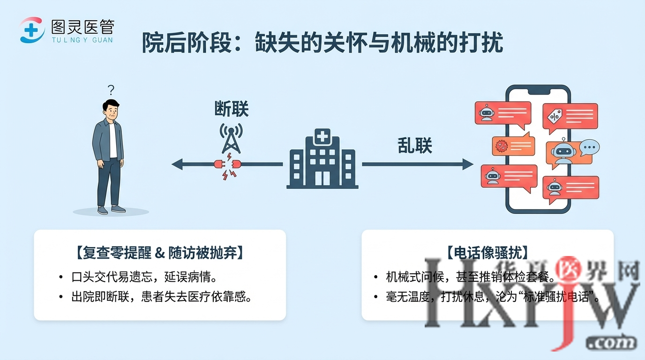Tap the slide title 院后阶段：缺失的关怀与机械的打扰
click(322, 44)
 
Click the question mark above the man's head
click(111, 90)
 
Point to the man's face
click(111, 111)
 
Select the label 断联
click(231, 110)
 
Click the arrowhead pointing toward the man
click(177, 164)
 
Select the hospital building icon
click(322, 159)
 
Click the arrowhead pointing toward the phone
click(468, 164)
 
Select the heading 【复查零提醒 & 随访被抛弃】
click(159, 253)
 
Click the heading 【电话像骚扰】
click(487, 253)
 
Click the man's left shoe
click(119, 209)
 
